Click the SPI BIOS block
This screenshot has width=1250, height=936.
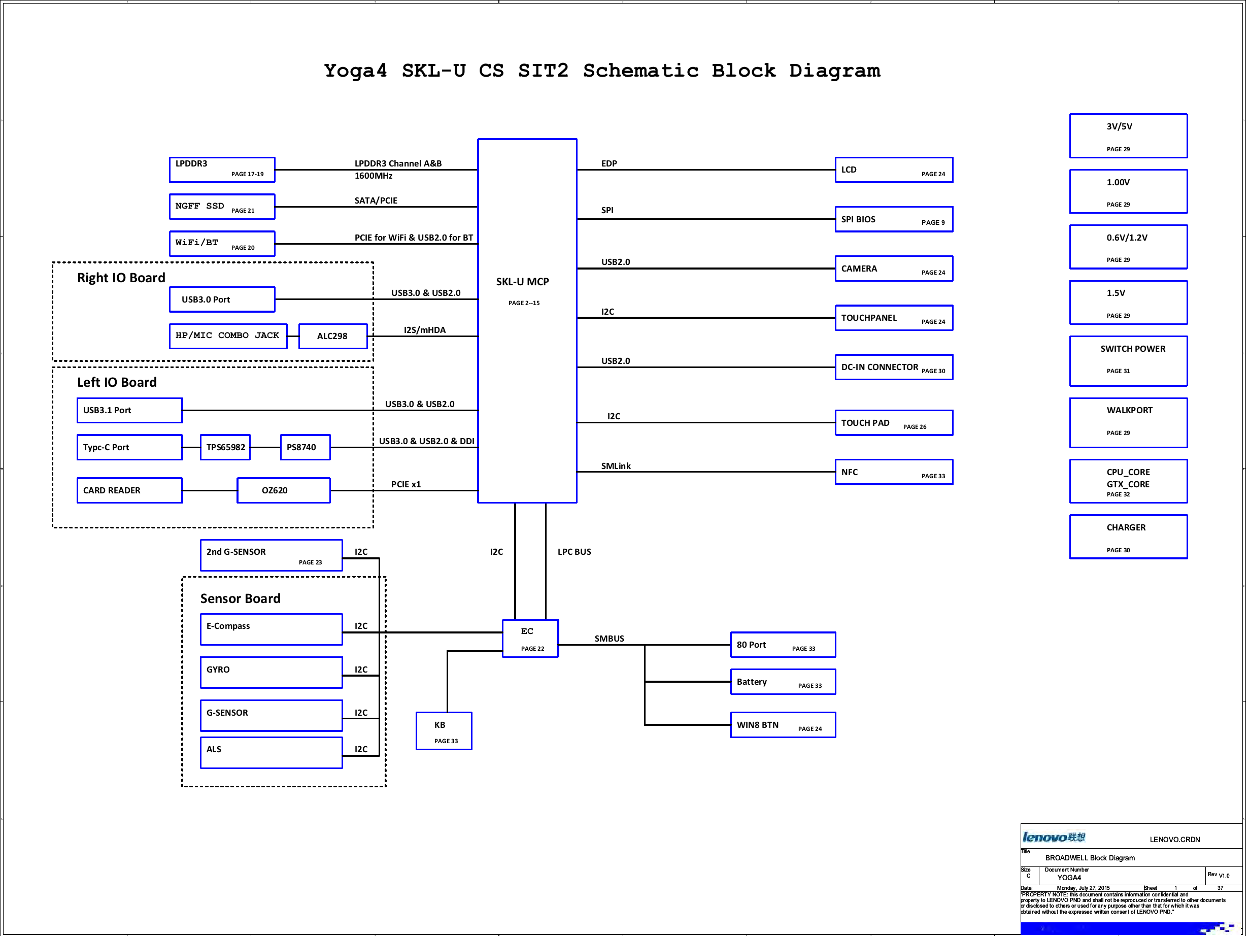(x=893, y=219)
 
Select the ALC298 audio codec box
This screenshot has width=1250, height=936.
(x=333, y=337)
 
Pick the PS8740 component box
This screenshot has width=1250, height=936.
(x=305, y=447)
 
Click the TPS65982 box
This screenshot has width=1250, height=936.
(x=225, y=447)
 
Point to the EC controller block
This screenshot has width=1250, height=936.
(x=530, y=639)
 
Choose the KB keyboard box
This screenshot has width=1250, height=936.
(x=444, y=731)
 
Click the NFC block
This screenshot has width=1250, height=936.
(x=893, y=473)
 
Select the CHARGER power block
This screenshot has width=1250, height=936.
(x=1128, y=537)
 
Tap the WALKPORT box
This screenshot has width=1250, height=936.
(x=1128, y=422)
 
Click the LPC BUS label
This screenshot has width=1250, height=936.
(x=574, y=552)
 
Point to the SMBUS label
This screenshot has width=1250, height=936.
(x=609, y=639)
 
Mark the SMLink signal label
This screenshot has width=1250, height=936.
(x=616, y=466)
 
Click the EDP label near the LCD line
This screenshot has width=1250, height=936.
(x=609, y=164)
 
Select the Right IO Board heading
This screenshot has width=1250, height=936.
(x=121, y=278)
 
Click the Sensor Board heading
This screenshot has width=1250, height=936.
(x=240, y=598)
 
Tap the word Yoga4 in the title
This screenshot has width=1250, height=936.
(x=355, y=71)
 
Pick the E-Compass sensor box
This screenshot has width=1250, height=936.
(x=271, y=629)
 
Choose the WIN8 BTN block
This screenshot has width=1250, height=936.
(x=783, y=725)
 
